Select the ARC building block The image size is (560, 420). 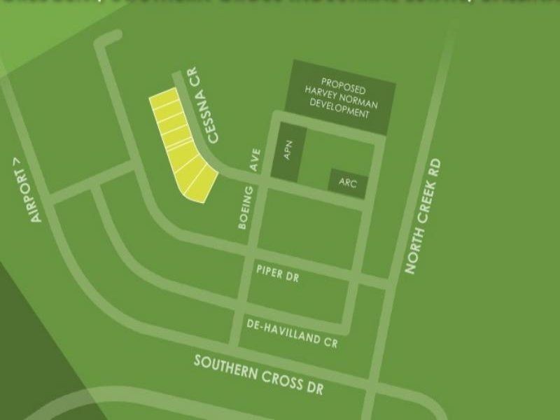(x=348, y=183)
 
